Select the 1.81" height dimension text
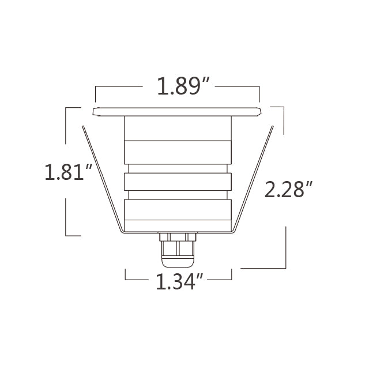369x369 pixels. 69,172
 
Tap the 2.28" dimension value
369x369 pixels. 288,189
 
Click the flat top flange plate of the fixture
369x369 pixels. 177,111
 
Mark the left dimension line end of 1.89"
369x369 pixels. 96,92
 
